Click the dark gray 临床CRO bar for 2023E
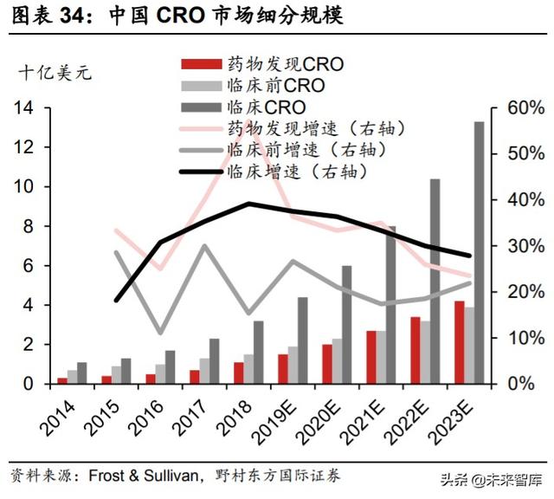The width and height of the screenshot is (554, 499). [479, 252]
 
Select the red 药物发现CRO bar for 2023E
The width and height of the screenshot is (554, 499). [459, 342]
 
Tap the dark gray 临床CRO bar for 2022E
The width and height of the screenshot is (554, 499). [435, 281]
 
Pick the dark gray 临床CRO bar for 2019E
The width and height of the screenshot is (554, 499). [303, 340]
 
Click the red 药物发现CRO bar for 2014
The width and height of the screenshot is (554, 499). [62, 379]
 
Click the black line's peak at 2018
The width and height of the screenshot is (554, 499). [248, 204]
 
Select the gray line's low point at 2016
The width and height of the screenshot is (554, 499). [160, 333]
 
